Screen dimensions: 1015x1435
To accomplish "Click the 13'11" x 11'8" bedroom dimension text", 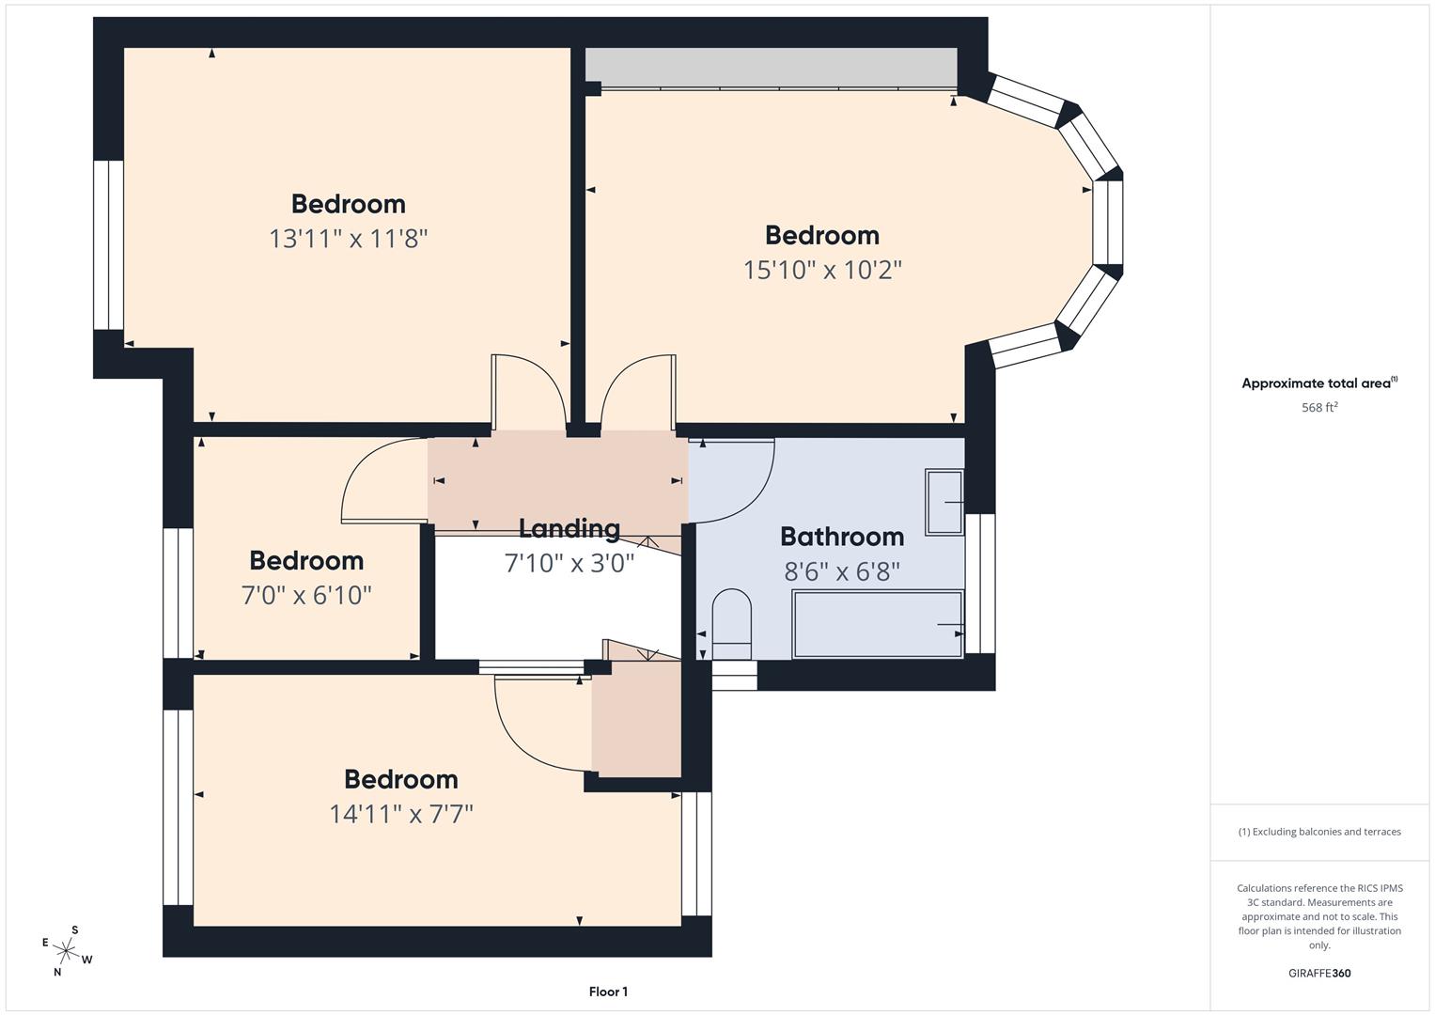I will pyautogui.click(x=348, y=239).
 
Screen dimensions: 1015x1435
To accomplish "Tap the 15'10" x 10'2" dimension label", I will pyautogui.click(x=822, y=271).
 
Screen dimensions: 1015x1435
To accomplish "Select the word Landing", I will pyautogui.click(x=569, y=529).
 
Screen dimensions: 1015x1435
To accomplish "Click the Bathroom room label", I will pyautogui.click(x=842, y=537).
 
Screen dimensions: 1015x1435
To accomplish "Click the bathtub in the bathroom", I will pyautogui.click(x=877, y=624).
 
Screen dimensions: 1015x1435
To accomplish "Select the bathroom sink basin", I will pyautogui.click(x=944, y=502).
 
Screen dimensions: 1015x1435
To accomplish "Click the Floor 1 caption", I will pyautogui.click(x=608, y=992).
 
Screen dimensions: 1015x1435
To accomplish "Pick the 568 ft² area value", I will pyautogui.click(x=1319, y=408).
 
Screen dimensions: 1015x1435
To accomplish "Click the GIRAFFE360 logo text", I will pyautogui.click(x=1319, y=973).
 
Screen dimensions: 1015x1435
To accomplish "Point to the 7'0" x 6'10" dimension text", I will pyautogui.click(x=306, y=596).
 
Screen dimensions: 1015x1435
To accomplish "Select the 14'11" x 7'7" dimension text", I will pyautogui.click(x=400, y=814).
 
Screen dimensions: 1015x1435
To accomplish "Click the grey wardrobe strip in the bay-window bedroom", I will pyautogui.click(x=771, y=67).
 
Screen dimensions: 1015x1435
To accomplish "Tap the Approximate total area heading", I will pyautogui.click(x=1319, y=383).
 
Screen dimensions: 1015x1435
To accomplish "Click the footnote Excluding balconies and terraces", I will pyautogui.click(x=1319, y=832).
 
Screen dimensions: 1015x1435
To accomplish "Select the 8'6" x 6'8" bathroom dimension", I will pyautogui.click(x=842, y=571).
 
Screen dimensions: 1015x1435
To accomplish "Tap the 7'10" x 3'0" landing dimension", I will pyautogui.click(x=569, y=564).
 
